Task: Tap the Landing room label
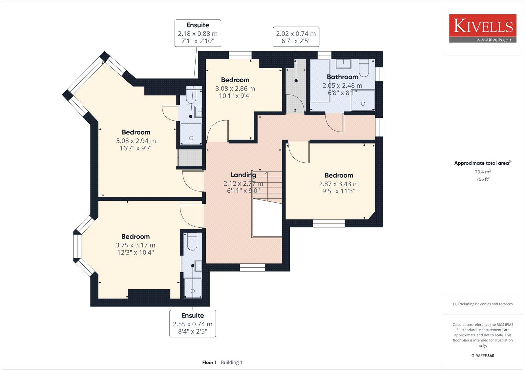coord(243,175)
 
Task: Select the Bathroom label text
coord(342,77)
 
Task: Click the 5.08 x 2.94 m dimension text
coord(136,141)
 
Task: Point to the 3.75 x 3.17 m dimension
coord(135,245)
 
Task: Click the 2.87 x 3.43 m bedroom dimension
coord(339,184)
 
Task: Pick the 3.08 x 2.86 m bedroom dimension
coord(235,89)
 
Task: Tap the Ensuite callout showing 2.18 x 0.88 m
coord(198,33)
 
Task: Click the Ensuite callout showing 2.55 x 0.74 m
coord(193,323)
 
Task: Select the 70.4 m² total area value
coord(483,172)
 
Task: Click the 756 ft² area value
coord(483,179)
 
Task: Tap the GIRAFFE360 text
coord(483,356)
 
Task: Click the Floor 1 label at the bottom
coord(209,362)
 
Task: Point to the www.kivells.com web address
coord(494,40)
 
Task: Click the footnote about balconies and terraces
coord(483,304)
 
